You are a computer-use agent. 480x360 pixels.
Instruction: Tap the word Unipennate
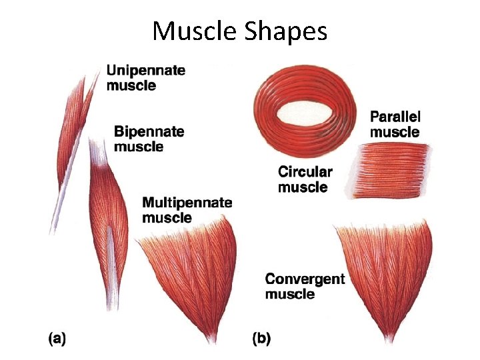coord(146,70)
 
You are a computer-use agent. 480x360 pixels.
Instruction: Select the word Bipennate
coord(149,131)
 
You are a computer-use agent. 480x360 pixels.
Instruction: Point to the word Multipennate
coord(187,202)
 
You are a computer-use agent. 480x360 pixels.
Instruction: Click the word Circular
coord(305,172)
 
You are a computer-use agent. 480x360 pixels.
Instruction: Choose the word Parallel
coord(395,117)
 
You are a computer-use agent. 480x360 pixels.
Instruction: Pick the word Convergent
coord(305,279)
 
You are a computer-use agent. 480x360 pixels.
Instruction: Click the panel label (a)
coord(57,339)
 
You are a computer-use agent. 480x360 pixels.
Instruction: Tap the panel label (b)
coord(261,339)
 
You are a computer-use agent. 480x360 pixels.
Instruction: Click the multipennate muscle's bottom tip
coord(213,339)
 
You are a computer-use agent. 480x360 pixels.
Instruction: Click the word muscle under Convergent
coord(289,294)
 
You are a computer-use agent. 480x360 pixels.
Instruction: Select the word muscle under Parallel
coord(395,131)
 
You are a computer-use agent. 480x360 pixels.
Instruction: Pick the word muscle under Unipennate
coord(131,85)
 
